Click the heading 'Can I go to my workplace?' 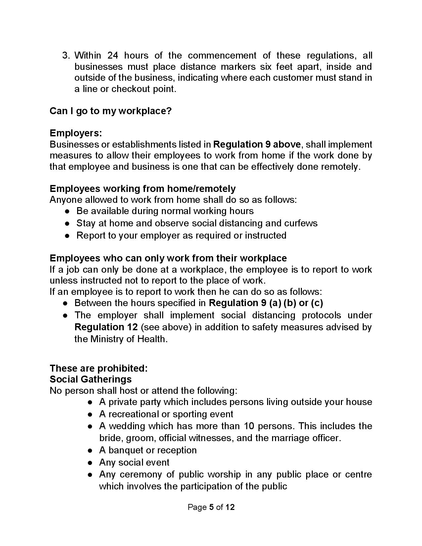(x=111, y=111)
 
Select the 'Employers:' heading (x=76, y=133)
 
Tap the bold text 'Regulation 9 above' (x=257, y=145)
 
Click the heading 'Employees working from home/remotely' (x=143, y=189)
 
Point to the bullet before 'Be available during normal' (x=67, y=211)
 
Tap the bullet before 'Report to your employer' (x=67, y=236)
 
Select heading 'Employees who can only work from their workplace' (x=168, y=258)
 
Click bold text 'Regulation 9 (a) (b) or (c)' (x=266, y=303)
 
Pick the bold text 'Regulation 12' (x=106, y=327)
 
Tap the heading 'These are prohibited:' (x=99, y=368)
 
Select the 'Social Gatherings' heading (x=91, y=379)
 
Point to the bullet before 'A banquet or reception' (x=90, y=451)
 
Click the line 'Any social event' (x=134, y=463)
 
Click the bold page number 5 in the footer (x=211, y=507)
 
